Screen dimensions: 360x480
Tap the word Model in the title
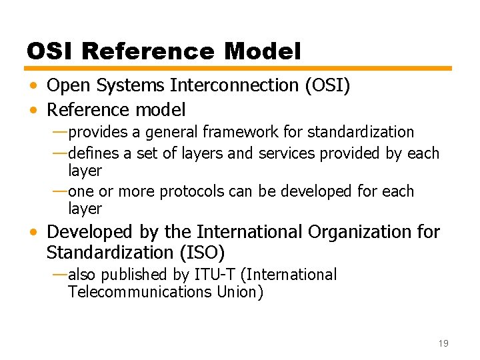tap(263, 51)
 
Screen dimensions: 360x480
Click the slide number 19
tap(443, 343)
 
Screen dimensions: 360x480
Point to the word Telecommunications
tap(140, 292)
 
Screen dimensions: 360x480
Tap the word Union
tap(240, 292)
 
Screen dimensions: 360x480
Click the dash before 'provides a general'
tap(59, 132)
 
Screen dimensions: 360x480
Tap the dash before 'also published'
tap(59, 275)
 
